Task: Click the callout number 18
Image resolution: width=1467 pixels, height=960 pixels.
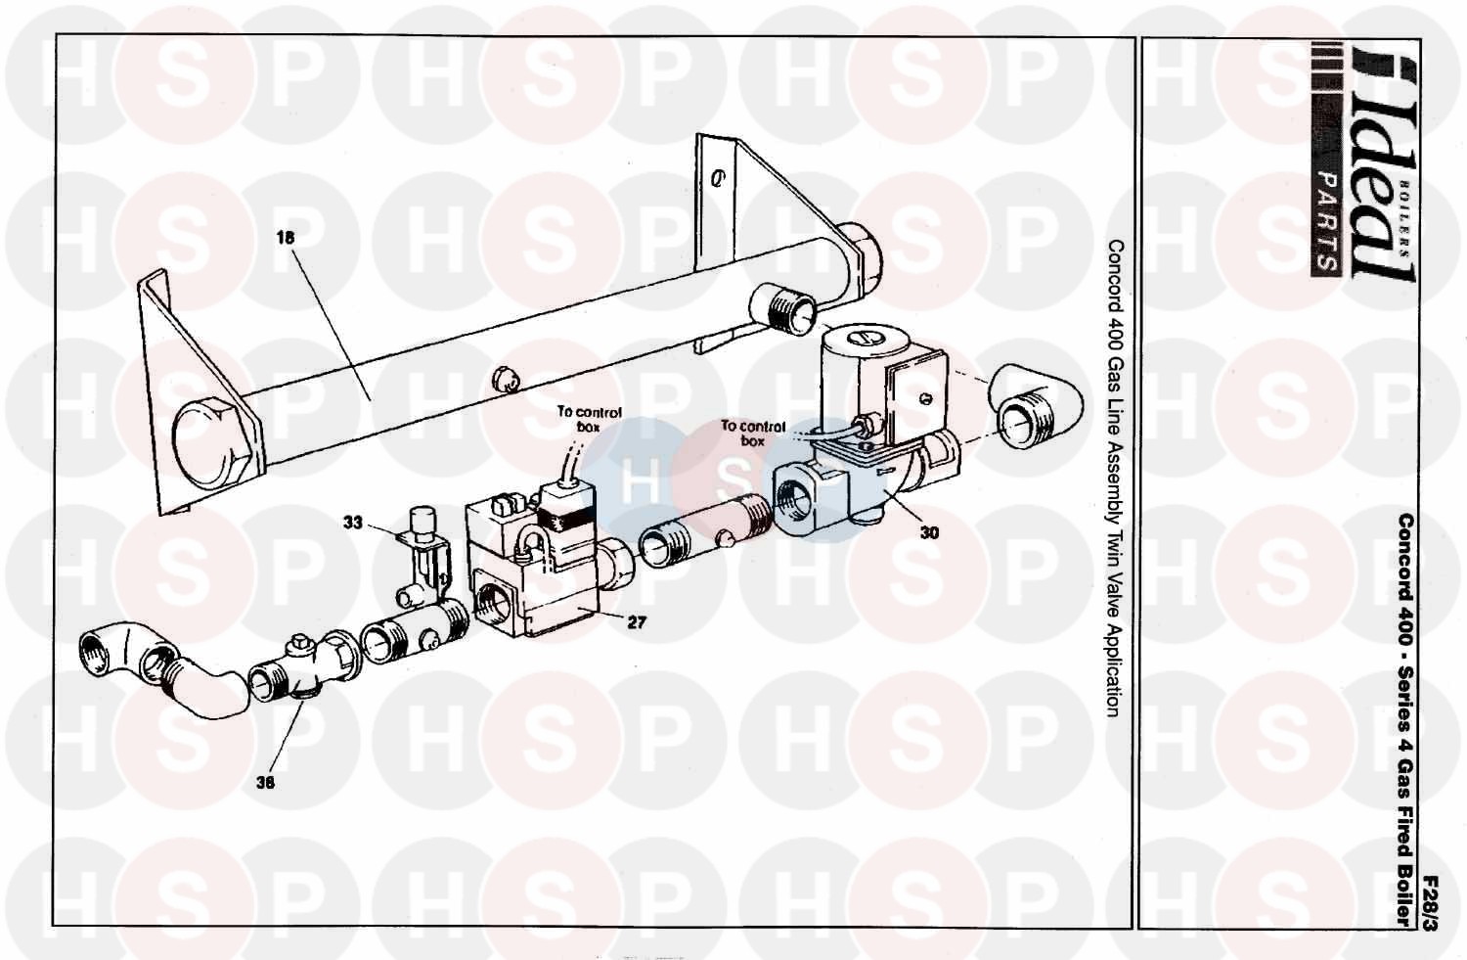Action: tap(286, 238)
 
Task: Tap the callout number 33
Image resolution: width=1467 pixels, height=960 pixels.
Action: tap(352, 523)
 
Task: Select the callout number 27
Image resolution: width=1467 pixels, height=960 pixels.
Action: tap(636, 621)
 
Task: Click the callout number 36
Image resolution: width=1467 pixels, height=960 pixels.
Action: tap(265, 781)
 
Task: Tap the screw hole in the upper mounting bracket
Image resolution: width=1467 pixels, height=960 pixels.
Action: tap(719, 178)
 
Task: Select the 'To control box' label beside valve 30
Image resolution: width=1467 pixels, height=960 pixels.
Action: tap(753, 434)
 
